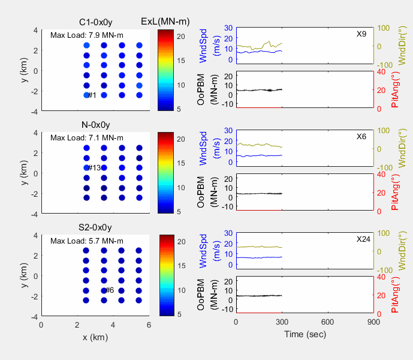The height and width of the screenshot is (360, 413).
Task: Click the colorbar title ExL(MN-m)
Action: [165, 22]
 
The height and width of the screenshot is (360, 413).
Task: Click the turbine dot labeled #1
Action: [86, 95]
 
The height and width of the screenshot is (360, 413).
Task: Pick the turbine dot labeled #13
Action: [86, 168]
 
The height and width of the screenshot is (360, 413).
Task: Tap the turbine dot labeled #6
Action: [104, 290]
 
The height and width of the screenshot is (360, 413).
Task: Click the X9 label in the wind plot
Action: [361, 34]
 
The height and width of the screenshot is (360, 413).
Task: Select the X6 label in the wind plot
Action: [361, 136]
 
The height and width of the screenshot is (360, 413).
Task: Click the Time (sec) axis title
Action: [305, 334]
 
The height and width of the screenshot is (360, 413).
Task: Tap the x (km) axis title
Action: [95, 337]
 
